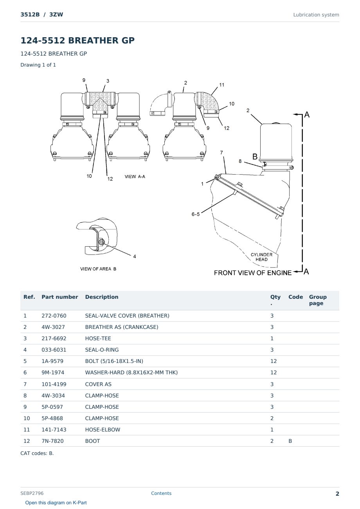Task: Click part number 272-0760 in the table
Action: click(54, 316)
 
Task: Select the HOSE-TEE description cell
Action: click(98, 338)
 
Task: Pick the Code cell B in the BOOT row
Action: click(290, 441)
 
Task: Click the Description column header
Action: click(102, 297)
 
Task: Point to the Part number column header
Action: click(60, 297)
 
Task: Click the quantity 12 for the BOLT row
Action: click(274, 361)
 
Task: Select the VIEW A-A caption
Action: click(135, 177)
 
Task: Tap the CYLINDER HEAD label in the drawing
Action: click(261, 257)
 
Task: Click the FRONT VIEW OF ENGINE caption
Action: click(252, 273)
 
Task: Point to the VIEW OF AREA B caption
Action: click(98, 269)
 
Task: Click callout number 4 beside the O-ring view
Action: click(135, 256)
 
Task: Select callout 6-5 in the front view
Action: click(196, 214)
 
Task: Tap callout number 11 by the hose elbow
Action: click(222, 85)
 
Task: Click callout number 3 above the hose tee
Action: click(108, 81)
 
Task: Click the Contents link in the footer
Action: click(161, 493)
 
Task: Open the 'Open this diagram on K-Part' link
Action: click(56, 503)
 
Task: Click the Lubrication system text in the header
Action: click(316, 15)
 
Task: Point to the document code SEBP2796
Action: click(32, 493)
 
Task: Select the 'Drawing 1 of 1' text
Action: click(38, 65)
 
